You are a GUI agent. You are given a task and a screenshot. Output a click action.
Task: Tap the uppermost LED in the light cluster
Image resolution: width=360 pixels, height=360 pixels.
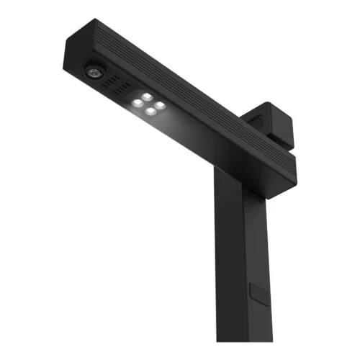[x=147, y=96]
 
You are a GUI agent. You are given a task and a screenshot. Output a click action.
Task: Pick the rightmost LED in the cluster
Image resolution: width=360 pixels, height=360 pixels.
[x=160, y=103]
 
